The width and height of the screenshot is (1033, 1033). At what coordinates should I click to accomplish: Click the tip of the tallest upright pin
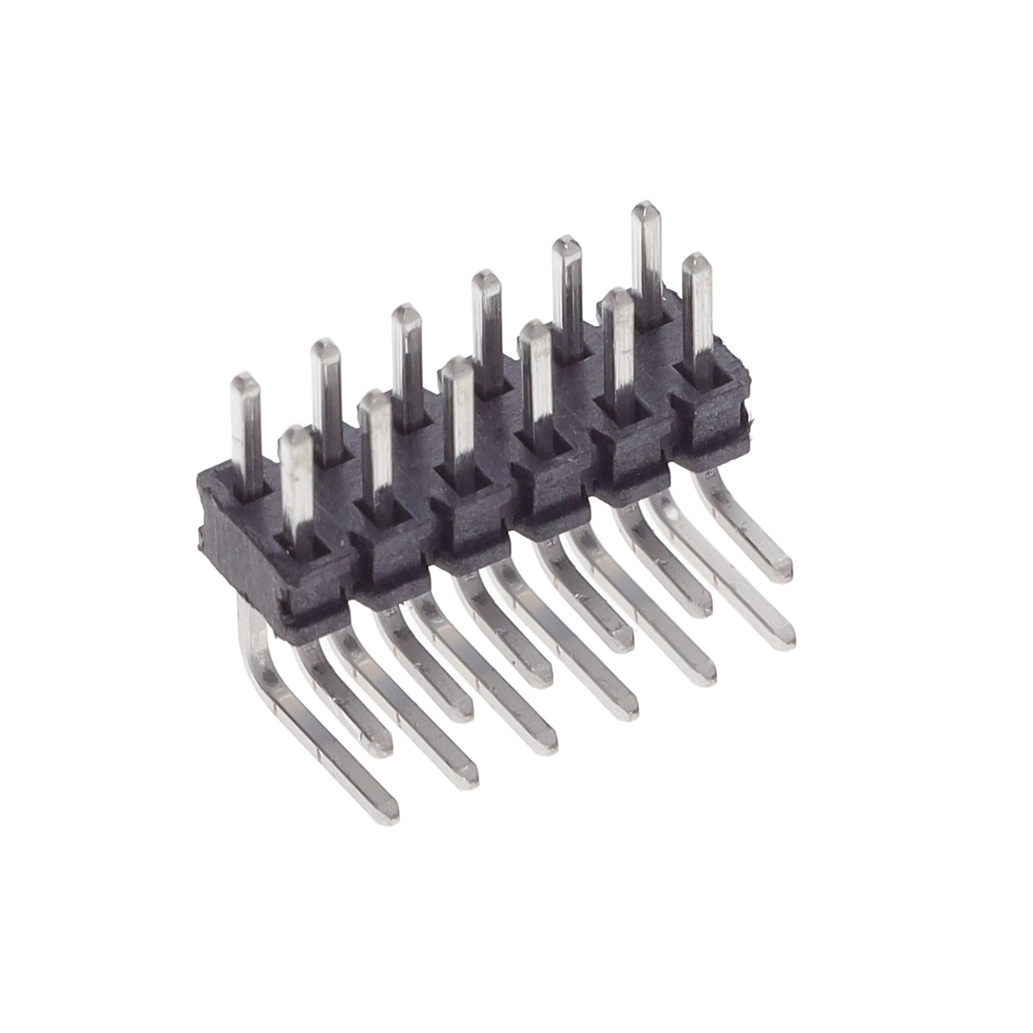tap(646, 206)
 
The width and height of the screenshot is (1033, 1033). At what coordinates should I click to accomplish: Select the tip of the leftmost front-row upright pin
tap(296, 433)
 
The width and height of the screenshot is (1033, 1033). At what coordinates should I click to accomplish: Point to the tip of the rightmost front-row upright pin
tap(696, 261)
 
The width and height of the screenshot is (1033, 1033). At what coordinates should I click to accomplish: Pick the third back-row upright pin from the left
tap(405, 352)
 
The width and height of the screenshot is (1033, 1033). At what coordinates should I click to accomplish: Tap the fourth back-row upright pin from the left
tap(486, 319)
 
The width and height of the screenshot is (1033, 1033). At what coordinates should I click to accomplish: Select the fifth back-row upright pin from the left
tap(566, 287)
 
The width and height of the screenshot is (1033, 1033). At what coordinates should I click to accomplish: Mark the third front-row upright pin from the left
tap(457, 418)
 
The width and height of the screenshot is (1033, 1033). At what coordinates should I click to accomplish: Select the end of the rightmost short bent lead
tap(783, 570)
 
